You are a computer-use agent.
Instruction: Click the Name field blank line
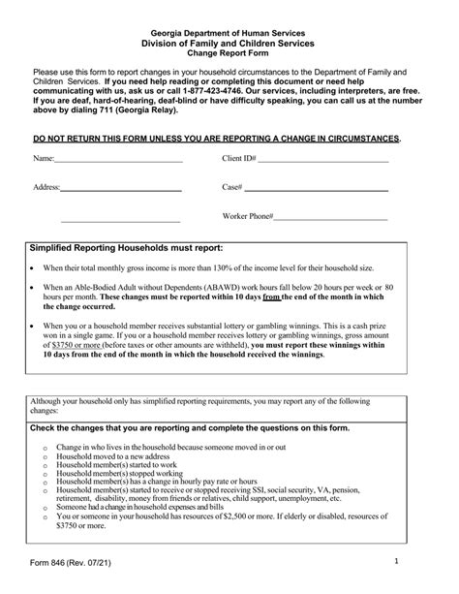[118, 159]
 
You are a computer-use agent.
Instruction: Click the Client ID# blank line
[322, 159]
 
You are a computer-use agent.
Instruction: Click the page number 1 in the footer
[424, 561]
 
